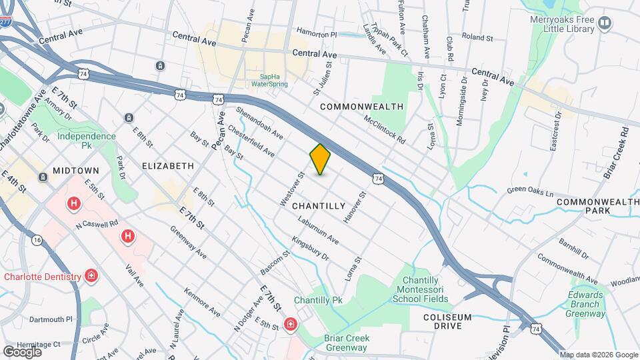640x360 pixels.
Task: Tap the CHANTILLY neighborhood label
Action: point(319,206)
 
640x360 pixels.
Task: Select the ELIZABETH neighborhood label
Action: point(168,165)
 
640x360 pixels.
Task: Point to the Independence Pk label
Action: point(86,140)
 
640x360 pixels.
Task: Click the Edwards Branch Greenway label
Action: point(587,303)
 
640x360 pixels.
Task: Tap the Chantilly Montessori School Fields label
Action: point(425,290)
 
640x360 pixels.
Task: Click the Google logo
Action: point(23,351)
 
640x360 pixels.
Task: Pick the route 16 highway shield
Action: point(37,240)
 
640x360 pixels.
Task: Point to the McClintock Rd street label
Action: point(385,131)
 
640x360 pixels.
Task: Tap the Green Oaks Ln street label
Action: point(531,192)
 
